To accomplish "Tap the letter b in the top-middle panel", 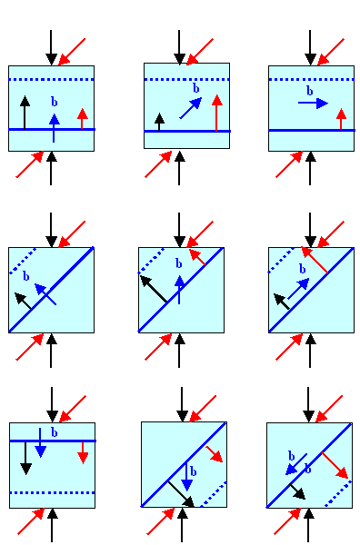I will (x=195, y=89).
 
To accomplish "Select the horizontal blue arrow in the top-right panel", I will (x=312, y=104).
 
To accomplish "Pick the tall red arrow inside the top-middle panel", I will (x=216, y=114).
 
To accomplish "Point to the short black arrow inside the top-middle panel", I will (x=160, y=123).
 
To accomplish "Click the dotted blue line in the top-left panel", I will (x=51, y=81).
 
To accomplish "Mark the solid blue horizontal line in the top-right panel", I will (x=311, y=131).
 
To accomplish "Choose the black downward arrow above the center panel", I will (x=180, y=227).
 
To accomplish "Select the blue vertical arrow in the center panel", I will (x=180, y=289).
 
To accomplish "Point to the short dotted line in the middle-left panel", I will (x=22, y=260).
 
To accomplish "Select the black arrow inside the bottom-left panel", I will (x=25, y=457).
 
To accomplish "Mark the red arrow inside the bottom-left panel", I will (x=83, y=451).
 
